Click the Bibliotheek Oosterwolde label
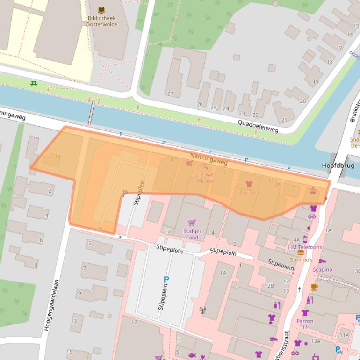[101, 21]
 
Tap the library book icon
[101, 10]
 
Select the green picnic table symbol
[34, 84]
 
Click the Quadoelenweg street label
[258, 125]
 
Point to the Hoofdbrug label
[338, 166]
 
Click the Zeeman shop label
[249, 192]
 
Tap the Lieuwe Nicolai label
[205, 178]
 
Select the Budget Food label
[192, 234]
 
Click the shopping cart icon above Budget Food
[192, 223]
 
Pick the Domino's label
[301, 259]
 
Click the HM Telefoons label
[305, 247]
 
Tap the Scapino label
[322, 269]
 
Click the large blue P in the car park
[166, 280]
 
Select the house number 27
[170, 94]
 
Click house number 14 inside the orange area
[58, 157]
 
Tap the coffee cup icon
[314, 287]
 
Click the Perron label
[305, 321]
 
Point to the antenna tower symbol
[202, 310]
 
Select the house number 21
[284, 120]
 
